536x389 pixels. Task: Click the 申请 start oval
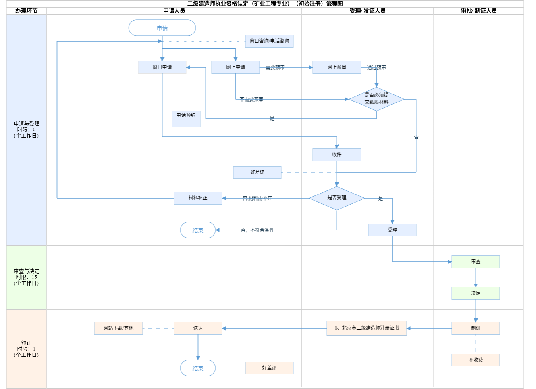[162, 28]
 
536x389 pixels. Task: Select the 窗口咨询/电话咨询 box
[269, 41]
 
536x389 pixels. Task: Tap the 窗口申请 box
[162, 67]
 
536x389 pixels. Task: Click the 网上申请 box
[235, 67]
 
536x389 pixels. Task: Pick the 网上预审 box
[337, 67]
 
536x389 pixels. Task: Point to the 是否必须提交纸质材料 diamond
[376, 99]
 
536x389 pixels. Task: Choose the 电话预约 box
[186, 119]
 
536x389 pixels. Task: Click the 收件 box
[337, 155]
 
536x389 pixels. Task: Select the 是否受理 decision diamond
[337, 198]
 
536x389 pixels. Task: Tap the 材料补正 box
[198, 198]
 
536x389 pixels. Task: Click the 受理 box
[392, 230]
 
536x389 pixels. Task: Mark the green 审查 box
[476, 262]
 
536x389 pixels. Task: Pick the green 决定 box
[476, 293]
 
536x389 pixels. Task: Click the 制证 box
[476, 328]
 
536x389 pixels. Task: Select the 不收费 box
[476, 360]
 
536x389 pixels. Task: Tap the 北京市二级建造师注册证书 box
[366, 328]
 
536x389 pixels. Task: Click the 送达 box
[198, 328]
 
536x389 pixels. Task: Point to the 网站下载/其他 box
[118, 328]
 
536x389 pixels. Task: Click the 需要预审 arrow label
[275, 68]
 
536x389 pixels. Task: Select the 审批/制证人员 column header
[478, 11]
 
